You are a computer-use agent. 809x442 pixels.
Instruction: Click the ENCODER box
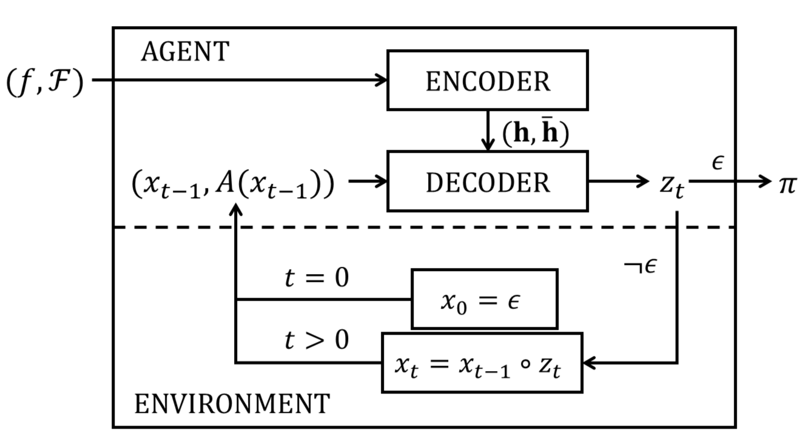coord(487,80)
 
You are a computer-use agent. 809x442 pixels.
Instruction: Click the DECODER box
coord(487,181)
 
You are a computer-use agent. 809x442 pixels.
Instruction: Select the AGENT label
coord(185,52)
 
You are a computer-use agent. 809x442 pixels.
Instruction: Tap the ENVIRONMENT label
coord(232,403)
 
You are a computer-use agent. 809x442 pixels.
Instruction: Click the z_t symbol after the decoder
coord(672,183)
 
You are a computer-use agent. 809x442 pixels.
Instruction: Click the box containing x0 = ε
coord(484,299)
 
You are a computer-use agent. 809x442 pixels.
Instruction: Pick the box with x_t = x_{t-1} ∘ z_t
coord(482,363)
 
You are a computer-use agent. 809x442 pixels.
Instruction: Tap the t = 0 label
coord(317,278)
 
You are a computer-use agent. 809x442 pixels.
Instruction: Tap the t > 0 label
coord(317,340)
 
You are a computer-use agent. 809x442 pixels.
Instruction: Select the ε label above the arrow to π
coord(718,162)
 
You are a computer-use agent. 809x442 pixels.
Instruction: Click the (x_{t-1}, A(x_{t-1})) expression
coord(233,184)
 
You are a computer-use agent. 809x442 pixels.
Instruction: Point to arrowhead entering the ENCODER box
coord(381,79)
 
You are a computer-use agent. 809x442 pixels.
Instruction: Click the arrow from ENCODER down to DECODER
coord(487,130)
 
